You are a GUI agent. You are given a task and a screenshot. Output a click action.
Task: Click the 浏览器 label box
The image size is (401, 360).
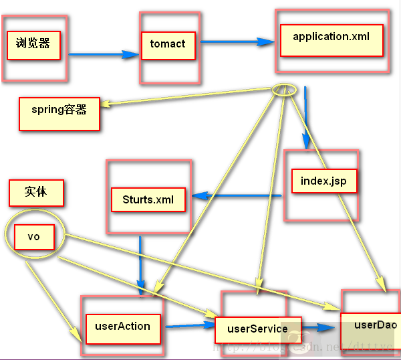pyautogui.click(x=33, y=45)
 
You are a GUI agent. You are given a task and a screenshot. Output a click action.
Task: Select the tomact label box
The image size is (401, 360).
pyautogui.click(x=168, y=44)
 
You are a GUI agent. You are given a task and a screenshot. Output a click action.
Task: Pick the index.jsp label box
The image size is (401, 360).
pyautogui.click(x=324, y=181)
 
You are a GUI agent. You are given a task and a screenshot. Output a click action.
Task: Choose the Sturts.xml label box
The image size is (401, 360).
pyautogui.click(x=148, y=199)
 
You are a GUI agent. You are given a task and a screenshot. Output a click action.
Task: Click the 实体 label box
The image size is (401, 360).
pyautogui.click(x=36, y=192)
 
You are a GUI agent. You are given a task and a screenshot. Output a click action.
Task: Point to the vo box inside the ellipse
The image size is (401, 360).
pyautogui.click(x=33, y=237)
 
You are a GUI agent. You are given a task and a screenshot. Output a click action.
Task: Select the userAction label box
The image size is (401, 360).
pyautogui.click(x=122, y=327)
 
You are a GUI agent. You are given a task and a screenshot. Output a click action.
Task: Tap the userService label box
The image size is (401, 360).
pyautogui.click(x=257, y=329)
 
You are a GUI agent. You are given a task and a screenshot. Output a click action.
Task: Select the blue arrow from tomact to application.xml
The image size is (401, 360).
pyautogui.click(x=237, y=41)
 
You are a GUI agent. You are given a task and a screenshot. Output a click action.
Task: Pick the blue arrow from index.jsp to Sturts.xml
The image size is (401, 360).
pyautogui.click(x=237, y=196)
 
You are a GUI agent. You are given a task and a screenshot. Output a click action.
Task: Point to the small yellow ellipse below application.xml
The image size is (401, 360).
pyautogui.click(x=284, y=90)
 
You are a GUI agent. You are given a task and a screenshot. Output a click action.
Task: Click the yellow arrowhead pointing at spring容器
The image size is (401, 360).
pyautogui.click(x=106, y=104)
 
